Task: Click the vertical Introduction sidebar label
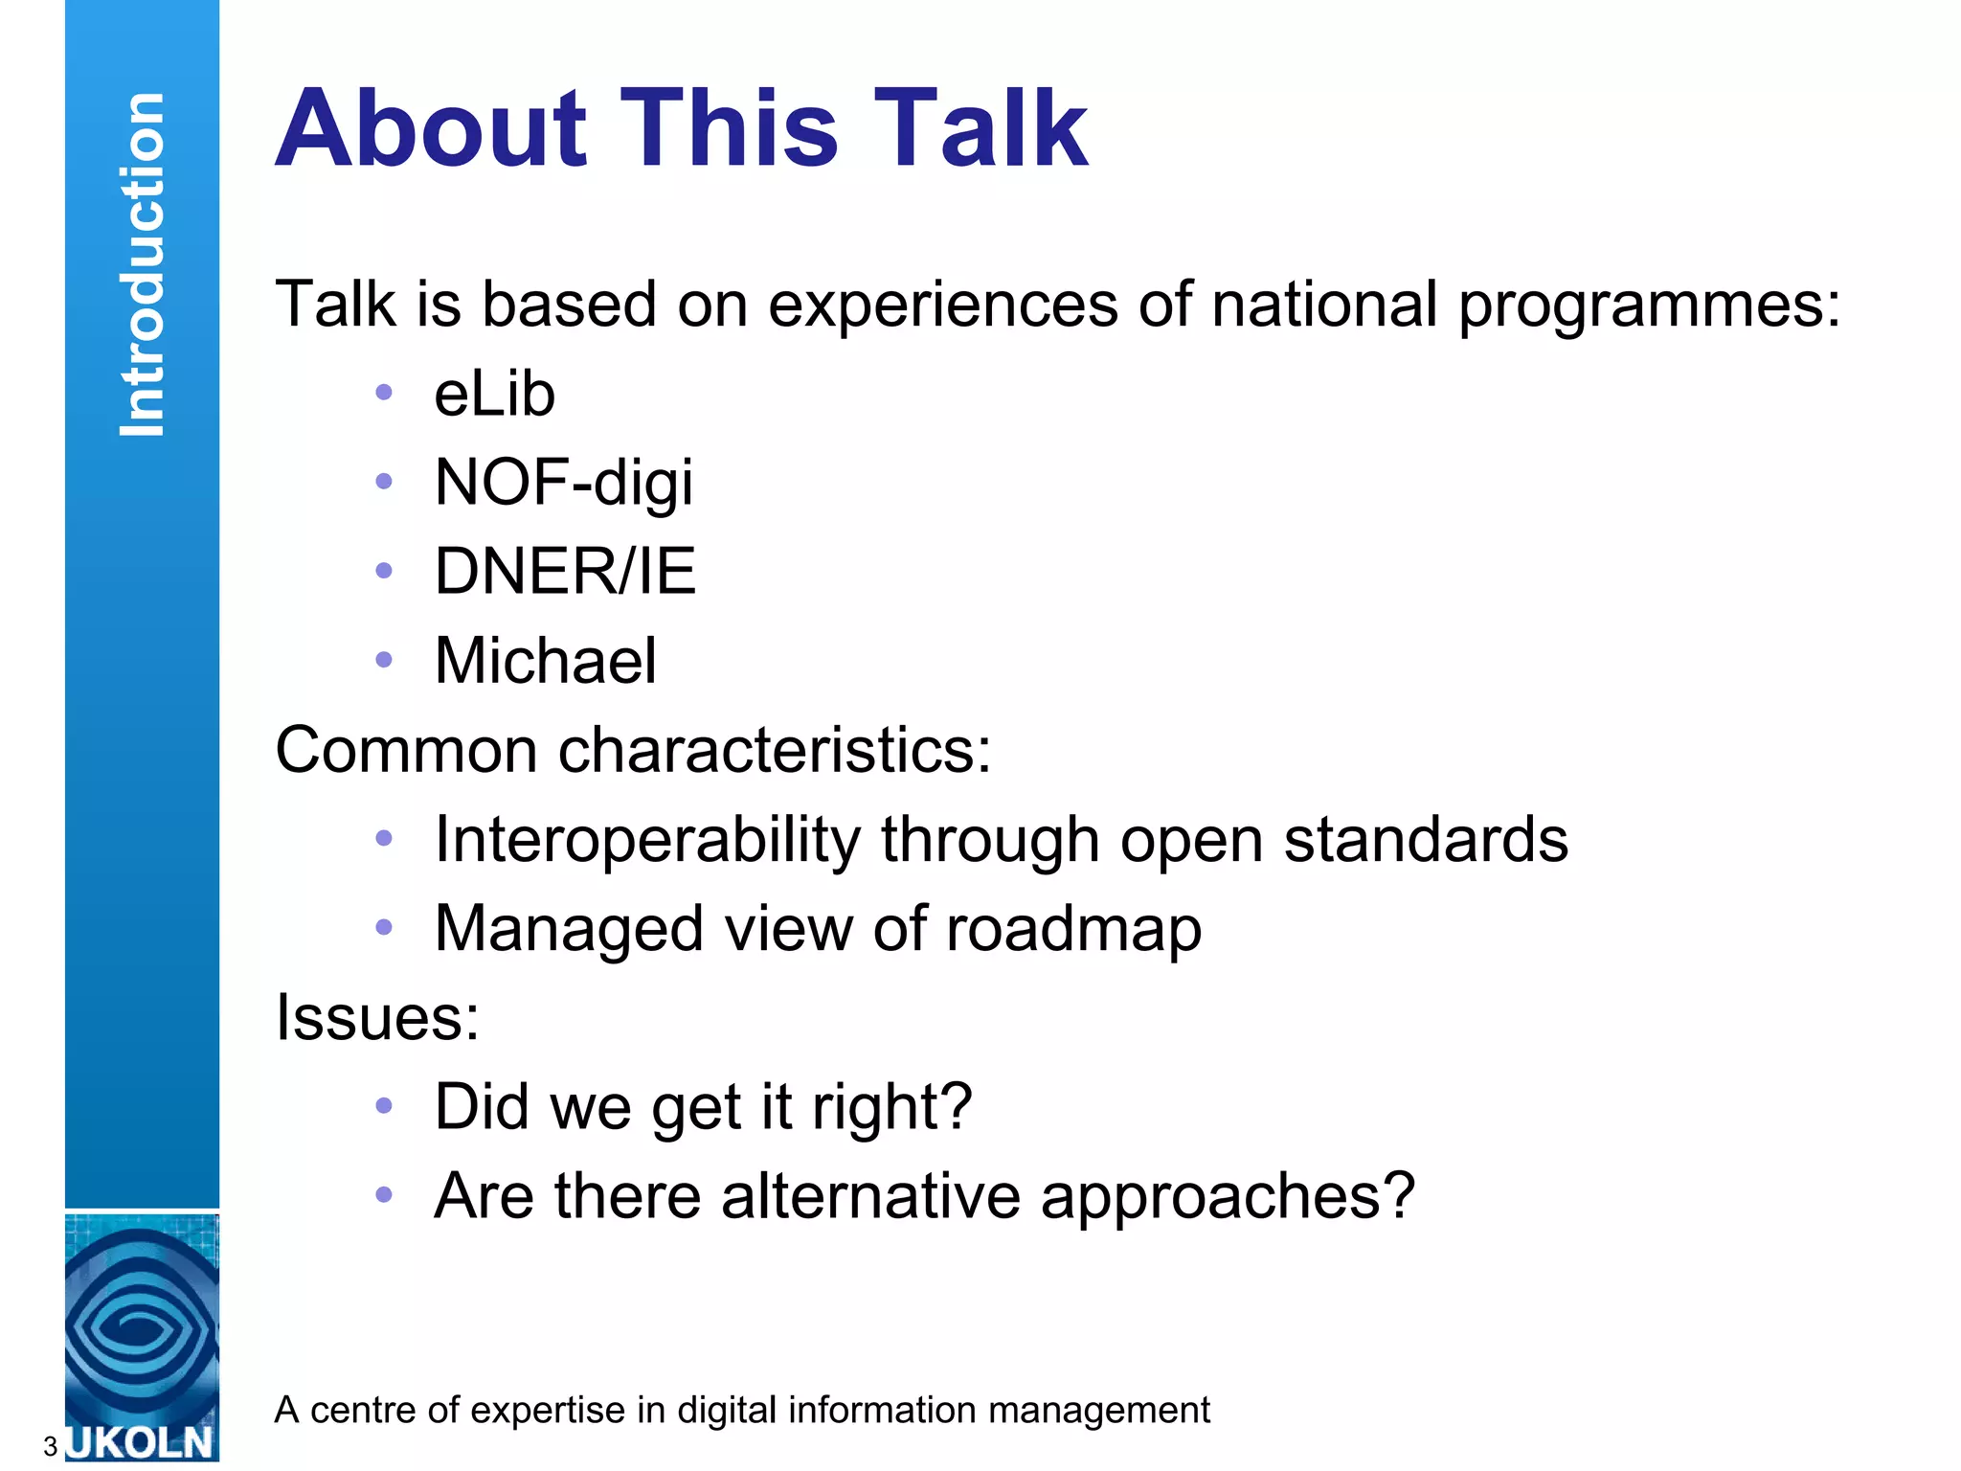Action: [x=143, y=265]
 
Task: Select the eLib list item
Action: [x=494, y=394]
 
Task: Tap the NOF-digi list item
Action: [x=563, y=483]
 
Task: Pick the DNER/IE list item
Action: [x=565, y=572]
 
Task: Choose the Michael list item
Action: [x=545, y=661]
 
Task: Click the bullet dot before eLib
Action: [x=384, y=392]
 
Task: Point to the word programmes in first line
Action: [x=1648, y=306]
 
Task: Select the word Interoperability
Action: [x=647, y=840]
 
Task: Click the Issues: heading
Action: [x=377, y=1017]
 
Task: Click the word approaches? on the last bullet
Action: [x=1227, y=1196]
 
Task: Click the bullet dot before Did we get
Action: [x=384, y=1106]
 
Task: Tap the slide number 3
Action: [x=50, y=1447]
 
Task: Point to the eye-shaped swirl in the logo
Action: [x=142, y=1326]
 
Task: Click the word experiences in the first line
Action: [x=943, y=306]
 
